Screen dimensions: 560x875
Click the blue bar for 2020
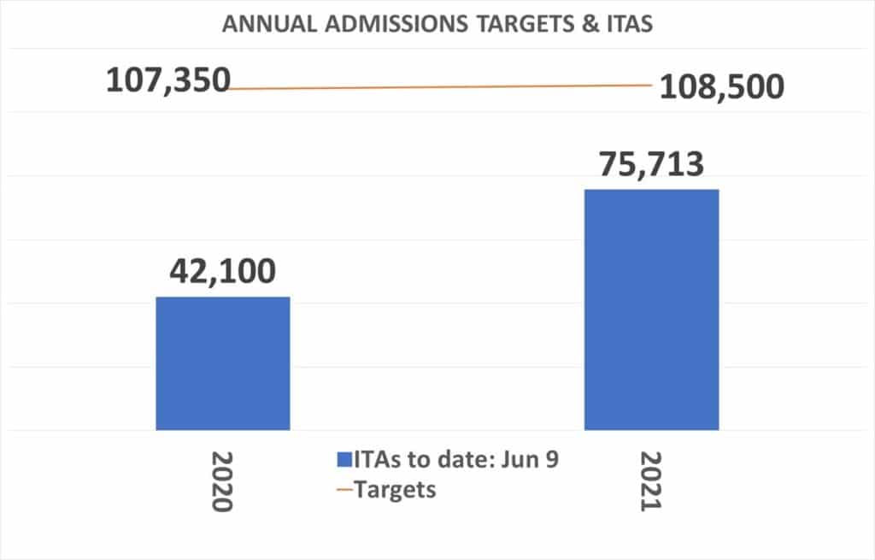coord(222,363)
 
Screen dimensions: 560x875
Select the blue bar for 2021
coord(651,309)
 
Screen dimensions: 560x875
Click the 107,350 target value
coord(168,80)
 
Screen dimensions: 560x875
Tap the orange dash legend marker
coord(344,491)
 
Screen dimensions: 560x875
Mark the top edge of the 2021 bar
coord(651,190)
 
